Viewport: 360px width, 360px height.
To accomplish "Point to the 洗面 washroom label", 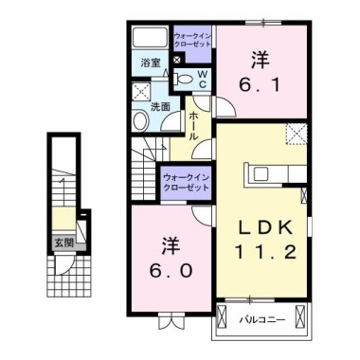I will click(161, 106).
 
